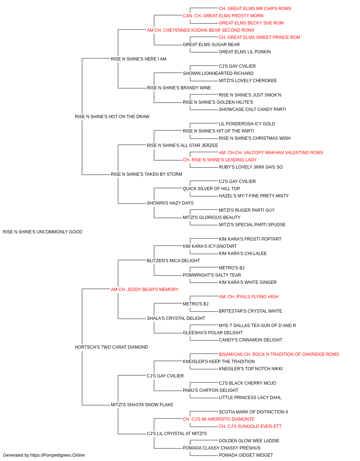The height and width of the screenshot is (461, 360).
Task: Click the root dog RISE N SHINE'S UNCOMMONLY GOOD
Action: tap(42, 232)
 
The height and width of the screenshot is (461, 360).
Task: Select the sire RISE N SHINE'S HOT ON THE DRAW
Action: tap(112, 117)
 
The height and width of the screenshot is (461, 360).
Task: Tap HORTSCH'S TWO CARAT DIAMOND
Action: tap(111, 347)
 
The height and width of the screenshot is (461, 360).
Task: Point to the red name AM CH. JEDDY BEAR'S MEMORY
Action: tap(145, 290)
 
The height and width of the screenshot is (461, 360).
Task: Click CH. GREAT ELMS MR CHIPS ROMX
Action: tap(255, 9)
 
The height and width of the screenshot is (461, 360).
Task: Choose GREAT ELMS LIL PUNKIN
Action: tap(245, 52)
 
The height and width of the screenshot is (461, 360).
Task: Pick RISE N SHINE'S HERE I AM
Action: tap(139, 59)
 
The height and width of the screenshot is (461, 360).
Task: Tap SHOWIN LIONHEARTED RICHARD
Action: tap(218, 73)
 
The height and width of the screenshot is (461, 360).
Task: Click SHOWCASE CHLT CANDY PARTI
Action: tap(252, 109)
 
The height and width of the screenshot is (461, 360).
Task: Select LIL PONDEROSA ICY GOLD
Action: tap(247, 124)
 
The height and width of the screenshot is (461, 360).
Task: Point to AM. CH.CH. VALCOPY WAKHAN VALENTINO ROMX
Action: tap(271, 153)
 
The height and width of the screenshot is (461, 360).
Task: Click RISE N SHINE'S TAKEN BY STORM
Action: tap(146, 174)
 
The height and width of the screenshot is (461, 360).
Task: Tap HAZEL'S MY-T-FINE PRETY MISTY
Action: tap(254, 196)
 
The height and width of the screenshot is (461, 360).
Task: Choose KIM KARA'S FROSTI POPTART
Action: tap(250, 239)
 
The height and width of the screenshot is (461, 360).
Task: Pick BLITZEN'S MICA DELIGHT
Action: tap(173, 261)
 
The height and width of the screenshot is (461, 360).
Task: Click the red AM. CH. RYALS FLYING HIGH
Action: tap(249, 297)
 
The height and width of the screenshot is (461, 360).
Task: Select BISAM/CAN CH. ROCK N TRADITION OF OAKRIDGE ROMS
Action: tap(279, 354)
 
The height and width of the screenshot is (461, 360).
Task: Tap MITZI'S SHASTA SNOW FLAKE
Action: tap(142, 405)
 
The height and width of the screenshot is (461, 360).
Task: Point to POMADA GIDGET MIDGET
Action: tap(246, 455)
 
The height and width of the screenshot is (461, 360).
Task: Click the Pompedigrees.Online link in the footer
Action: tap(57, 455)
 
